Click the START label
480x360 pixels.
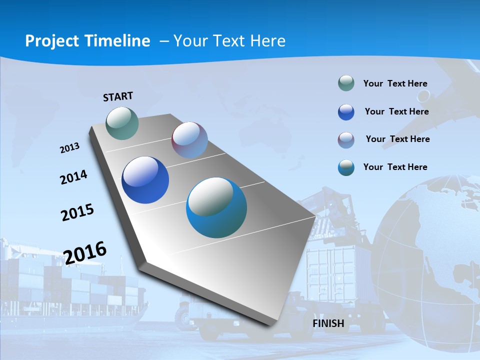pyautogui.click(x=118, y=96)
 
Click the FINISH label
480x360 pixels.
pyautogui.click(x=328, y=323)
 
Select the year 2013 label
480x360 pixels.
pyautogui.click(x=70, y=148)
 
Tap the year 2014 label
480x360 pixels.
pyautogui.click(x=74, y=177)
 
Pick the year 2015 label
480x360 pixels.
pyautogui.click(x=77, y=212)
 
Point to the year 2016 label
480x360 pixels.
pyautogui.click(x=85, y=252)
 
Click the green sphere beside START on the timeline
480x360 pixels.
pyautogui.click(x=122, y=123)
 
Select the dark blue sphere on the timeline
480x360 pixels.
pyautogui.click(x=145, y=180)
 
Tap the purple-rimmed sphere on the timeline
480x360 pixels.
pyautogui.click(x=189, y=140)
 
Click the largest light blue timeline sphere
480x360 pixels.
pyautogui.click(x=216, y=207)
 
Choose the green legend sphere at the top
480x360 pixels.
pyautogui.click(x=346, y=83)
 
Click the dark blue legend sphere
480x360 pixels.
pyautogui.click(x=346, y=112)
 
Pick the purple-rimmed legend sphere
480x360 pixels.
pyautogui.click(x=346, y=140)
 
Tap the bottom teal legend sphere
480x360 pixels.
pyautogui.click(x=346, y=167)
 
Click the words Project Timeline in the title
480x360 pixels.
pyautogui.click(x=87, y=41)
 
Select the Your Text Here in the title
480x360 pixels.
pyautogui.click(x=229, y=41)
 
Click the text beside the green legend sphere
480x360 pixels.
pyautogui.click(x=395, y=83)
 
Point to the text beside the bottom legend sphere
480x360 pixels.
pyautogui.click(x=395, y=167)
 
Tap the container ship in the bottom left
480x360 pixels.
pyautogui.click(x=70, y=290)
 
